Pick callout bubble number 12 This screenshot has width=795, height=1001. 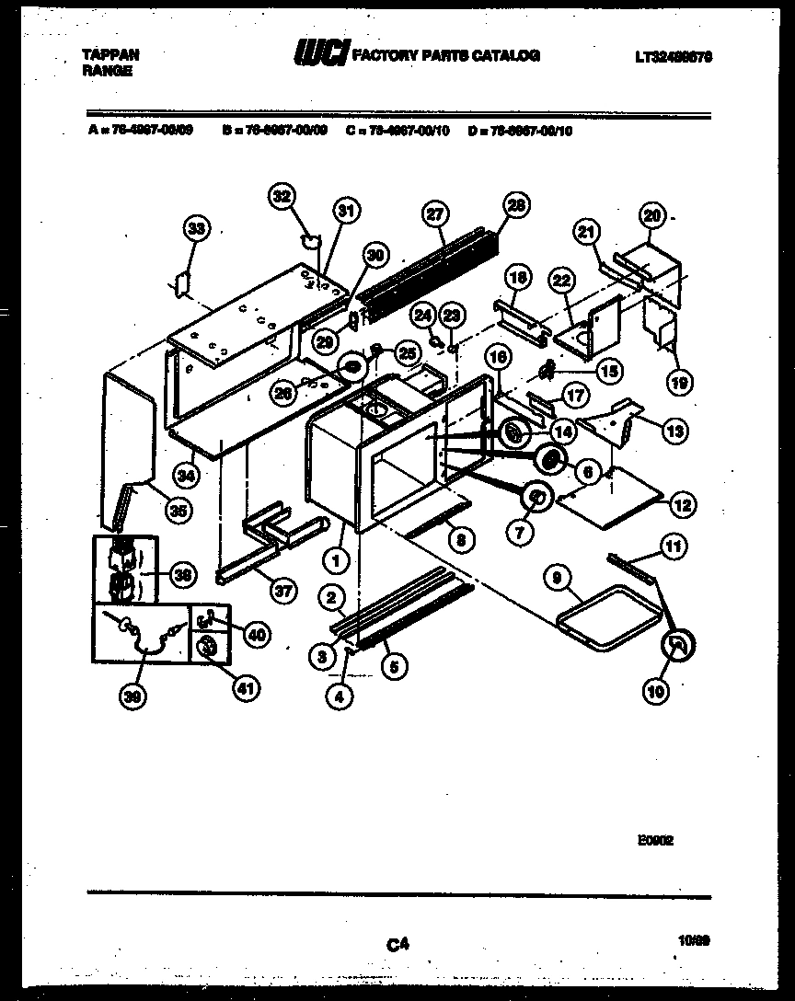coord(682,504)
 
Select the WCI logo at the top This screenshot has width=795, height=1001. coord(318,54)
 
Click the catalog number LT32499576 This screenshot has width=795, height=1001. coord(674,57)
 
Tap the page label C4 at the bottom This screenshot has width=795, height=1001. coord(397,943)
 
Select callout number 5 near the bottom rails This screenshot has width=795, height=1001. coord(394,668)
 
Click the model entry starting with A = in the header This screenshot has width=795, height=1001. coord(140,131)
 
